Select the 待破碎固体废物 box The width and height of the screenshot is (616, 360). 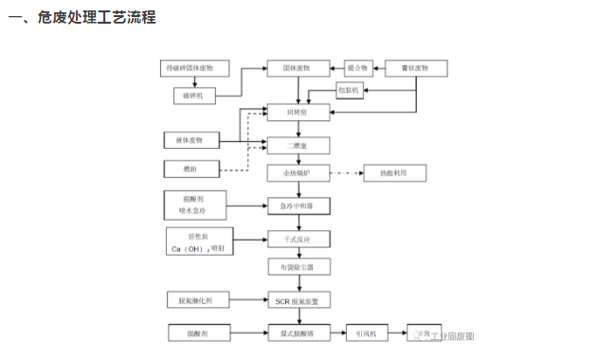tap(195, 68)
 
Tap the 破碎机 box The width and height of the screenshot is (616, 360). tap(195, 96)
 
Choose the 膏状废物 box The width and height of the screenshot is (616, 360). tap(418, 68)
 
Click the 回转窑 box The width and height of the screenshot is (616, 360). tap(299, 112)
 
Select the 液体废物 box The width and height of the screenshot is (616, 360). tap(190, 141)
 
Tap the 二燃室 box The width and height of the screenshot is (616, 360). tap(299, 145)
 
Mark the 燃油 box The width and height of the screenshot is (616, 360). tap(190, 169)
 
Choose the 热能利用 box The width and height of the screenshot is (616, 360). tap(394, 173)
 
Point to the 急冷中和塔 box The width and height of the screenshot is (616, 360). tap(299, 205)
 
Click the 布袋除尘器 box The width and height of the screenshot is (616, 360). tap(299, 268)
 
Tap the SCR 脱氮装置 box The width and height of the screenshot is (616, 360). tap(299, 300)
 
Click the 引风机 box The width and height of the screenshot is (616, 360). tap(365, 333)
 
